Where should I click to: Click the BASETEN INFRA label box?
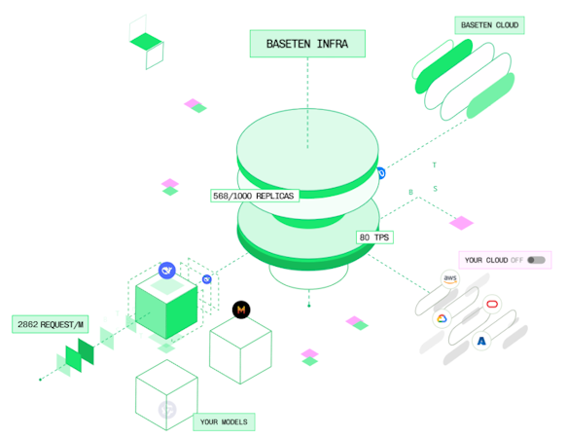[307, 44]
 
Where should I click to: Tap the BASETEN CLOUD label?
[489, 25]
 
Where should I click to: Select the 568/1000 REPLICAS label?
[255, 196]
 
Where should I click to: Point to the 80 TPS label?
[374, 237]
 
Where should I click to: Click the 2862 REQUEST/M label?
[51, 324]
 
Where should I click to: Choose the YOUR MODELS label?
[224, 421]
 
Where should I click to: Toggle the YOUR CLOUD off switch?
[536, 260]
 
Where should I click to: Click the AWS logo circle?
[450, 278]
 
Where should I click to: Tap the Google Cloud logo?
[442, 318]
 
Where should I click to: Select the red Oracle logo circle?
[492, 304]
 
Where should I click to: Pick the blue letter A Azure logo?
[481, 341]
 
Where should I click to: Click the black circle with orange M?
[241, 310]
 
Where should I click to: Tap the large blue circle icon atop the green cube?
[167, 271]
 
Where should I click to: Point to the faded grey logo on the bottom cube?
[167, 410]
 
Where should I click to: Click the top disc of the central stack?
[307, 152]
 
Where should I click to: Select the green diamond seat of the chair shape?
[146, 41]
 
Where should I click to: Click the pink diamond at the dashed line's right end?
[461, 223]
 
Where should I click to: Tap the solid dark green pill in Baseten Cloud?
[443, 66]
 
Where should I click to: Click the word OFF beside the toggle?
[517, 260]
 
